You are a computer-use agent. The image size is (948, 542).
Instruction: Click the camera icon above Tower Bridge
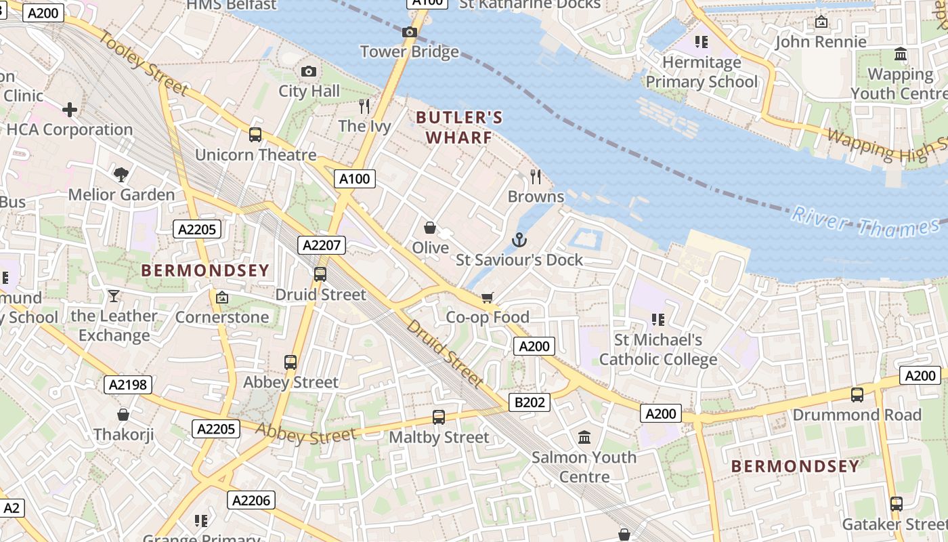(x=409, y=32)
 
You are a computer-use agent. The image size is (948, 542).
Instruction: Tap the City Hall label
(x=309, y=91)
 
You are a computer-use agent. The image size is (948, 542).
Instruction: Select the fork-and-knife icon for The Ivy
(x=364, y=106)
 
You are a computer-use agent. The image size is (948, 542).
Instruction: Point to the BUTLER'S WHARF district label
(x=459, y=127)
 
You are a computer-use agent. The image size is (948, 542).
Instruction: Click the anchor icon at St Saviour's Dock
(x=519, y=240)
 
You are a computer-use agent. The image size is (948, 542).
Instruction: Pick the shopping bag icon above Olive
(x=429, y=228)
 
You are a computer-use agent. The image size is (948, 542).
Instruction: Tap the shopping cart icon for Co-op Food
(x=487, y=297)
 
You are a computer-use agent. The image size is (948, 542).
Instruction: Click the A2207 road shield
(x=322, y=245)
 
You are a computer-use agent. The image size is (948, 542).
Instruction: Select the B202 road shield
(x=530, y=402)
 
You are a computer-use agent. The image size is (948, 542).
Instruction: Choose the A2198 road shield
(x=128, y=385)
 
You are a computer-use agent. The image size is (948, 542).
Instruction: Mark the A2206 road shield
(x=251, y=501)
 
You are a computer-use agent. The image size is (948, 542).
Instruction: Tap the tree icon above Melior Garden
(x=121, y=175)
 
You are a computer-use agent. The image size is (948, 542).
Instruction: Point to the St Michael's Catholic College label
(x=658, y=350)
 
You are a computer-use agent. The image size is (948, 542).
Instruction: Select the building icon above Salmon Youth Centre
(x=584, y=437)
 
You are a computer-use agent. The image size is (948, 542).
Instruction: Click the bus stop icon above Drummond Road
(x=857, y=394)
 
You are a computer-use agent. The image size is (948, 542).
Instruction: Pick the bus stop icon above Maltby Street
(x=439, y=417)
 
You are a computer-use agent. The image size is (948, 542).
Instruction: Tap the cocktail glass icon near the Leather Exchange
(x=113, y=296)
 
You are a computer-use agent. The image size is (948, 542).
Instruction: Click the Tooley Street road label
(x=144, y=62)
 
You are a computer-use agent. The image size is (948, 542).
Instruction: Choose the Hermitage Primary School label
(x=702, y=72)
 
